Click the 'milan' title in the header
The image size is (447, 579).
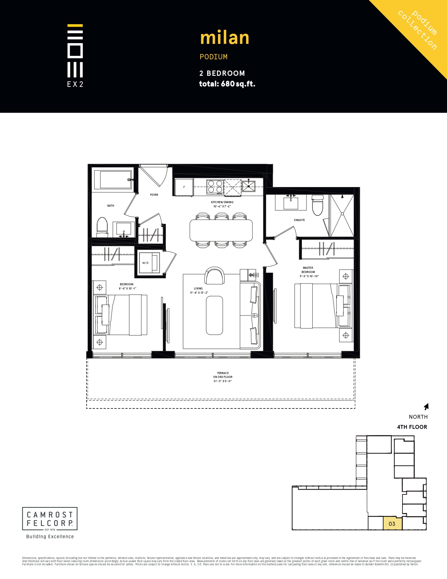(224, 38)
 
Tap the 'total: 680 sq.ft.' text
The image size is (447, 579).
(227, 84)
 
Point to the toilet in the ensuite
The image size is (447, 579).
(318, 205)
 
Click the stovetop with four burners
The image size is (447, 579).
(215, 187)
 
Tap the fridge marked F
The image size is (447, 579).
(184, 187)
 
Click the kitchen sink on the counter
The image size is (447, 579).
(249, 186)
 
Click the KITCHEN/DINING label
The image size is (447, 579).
(222, 202)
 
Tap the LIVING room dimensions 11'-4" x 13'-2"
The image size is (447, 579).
(199, 293)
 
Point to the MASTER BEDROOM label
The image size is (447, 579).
(308, 270)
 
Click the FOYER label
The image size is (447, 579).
(154, 195)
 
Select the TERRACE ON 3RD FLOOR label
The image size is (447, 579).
(223, 375)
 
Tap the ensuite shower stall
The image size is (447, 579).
(342, 215)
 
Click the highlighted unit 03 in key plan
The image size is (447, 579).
(392, 524)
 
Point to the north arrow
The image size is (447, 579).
(426, 407)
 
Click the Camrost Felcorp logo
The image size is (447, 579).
(50, 519)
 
